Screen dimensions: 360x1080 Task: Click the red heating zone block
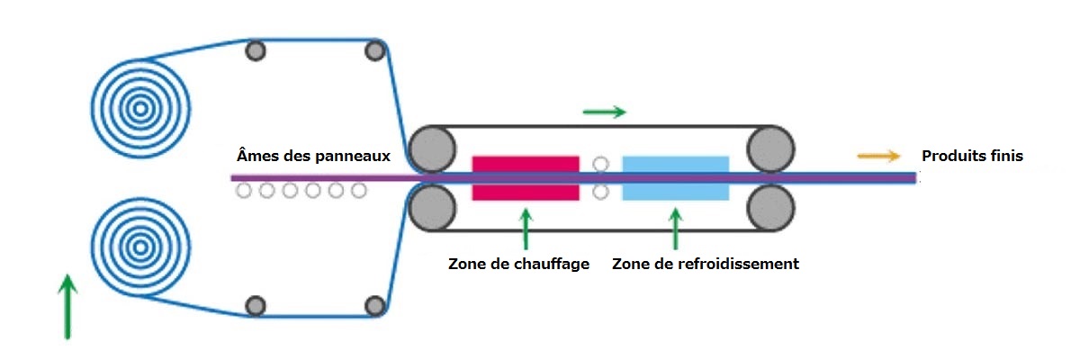click(526, 177)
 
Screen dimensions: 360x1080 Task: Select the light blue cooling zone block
click(675, 177)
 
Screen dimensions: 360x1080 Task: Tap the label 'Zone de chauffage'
click(518, 265)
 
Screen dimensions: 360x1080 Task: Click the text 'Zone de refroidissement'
click(706, 265)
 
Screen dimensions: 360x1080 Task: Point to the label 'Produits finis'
click(972, 157)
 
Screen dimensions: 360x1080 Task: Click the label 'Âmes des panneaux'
click(313, 156)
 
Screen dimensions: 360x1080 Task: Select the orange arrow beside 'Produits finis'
click(878, 156)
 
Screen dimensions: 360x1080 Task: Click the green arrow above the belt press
click(604, 112)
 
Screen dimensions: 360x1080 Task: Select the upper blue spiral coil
click(139, 109)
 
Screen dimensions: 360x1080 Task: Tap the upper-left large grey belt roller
click(431, 148)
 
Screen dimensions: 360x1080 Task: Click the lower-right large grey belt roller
click(769, 208)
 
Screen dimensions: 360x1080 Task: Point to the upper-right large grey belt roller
click(769, 148)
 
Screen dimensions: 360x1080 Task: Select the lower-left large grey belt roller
click(431, 208)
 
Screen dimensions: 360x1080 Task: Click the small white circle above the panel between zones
click(601, 164)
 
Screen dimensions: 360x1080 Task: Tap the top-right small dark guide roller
click(374, 50)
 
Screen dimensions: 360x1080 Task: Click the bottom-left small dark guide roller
click(256, 305)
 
